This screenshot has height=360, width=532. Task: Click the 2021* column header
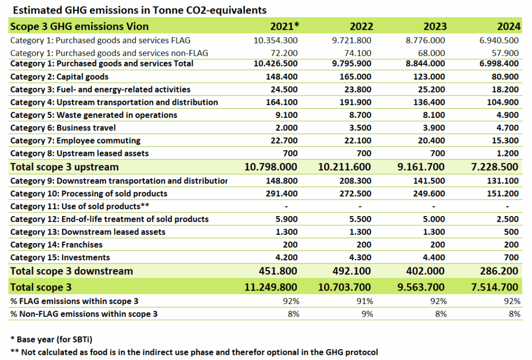coord(285,26)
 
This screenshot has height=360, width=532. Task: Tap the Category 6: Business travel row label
coord(63,128)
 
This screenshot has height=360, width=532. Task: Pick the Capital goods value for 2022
coord(356,77)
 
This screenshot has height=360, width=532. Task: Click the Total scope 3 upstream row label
coord(64,167)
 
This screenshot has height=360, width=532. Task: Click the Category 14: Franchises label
coord(56,245)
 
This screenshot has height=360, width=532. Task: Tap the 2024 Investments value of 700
coord(512,258)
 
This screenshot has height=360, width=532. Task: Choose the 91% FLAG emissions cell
coord(365,301)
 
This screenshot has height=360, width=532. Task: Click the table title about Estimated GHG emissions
coord(139,10)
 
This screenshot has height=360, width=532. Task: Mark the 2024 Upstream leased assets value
coord(508,153)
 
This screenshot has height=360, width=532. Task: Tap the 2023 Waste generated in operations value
coord(436,115)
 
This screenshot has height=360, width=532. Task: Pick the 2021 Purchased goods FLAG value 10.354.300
coord(275,40)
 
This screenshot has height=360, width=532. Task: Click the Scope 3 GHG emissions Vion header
coord(79,26)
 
